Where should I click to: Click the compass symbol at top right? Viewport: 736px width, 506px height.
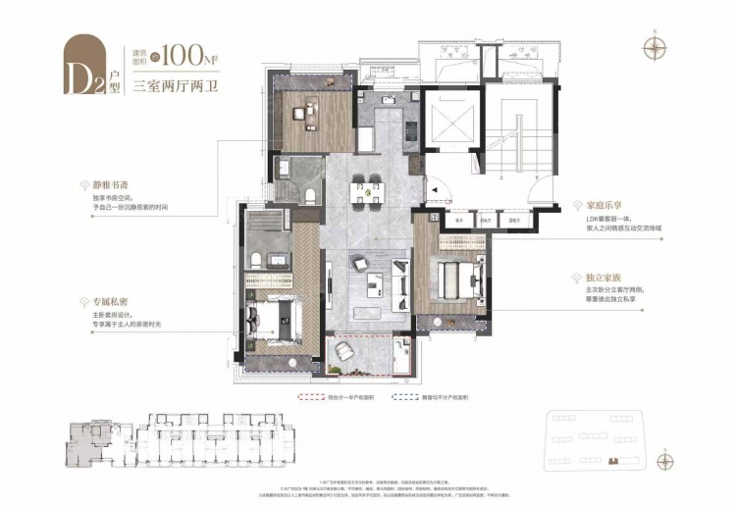click(653, 43)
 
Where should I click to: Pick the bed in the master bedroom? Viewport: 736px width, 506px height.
click(272, 319)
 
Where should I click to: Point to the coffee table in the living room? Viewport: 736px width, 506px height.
click(373, 286)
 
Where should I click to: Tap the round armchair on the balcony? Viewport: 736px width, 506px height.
click(343, 349)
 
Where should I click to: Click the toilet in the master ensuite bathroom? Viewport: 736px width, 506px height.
click(255, 258)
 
